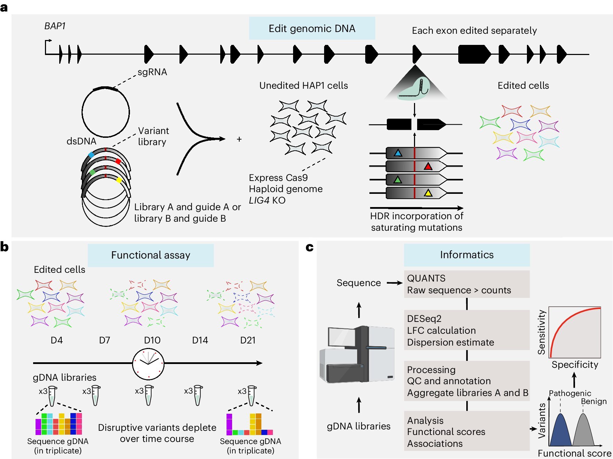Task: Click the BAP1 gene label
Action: click(x=55, y=26)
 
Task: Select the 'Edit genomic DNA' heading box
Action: click(x=312, y=28)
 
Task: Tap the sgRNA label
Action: click(x=152, y=72)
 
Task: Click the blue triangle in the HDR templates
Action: click(x=398, y=153)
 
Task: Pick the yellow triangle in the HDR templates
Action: click(x=428, y=193)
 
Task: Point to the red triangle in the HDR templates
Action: click(x=428, y=166)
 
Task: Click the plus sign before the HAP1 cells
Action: click(x=239, y=139)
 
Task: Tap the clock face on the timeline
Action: click(x=148, y=364)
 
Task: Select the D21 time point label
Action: click(x=248, y=340)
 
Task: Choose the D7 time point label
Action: click(x=105, y=340)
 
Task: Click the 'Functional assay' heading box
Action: click(x=151, y=255)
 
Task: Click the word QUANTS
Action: click(x=426, y=278)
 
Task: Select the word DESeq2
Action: click(x=424, y=319)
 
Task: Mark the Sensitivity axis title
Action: click(x=541, y=332)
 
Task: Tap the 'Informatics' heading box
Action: click(x=467, y=255)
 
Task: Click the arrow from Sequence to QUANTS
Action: click(x=394, y=283)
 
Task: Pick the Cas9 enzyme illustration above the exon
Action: click(x=415, y=90)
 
